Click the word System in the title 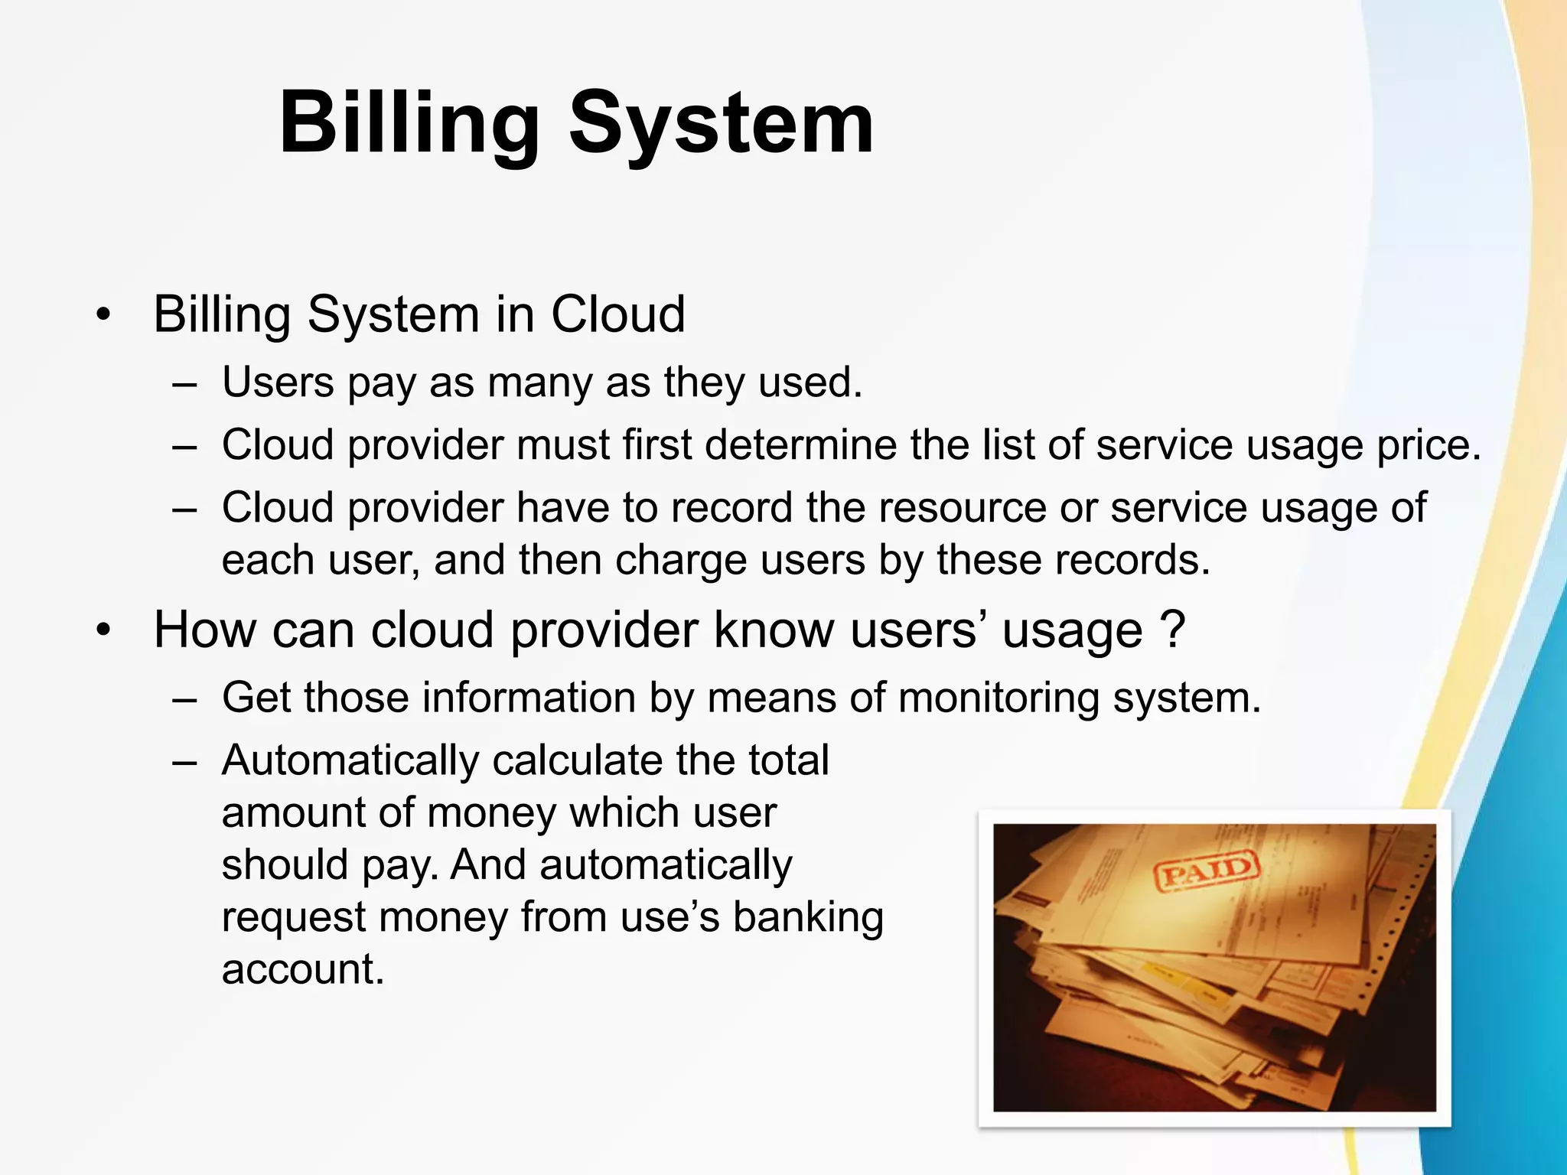pyautogui.click(x=721, y=124)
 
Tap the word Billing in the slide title pyautogui.click(x=409, y=124)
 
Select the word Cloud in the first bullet pyautogui.click(x=617, y=314)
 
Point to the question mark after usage pyautogui.click(x=1172, y=630)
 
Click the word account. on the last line pyautogui.click(x=303, y=969)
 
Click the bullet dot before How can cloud pyautogui.click(x=104, y=630)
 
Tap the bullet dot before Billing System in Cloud pyautogui.click(x=104, y=314)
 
